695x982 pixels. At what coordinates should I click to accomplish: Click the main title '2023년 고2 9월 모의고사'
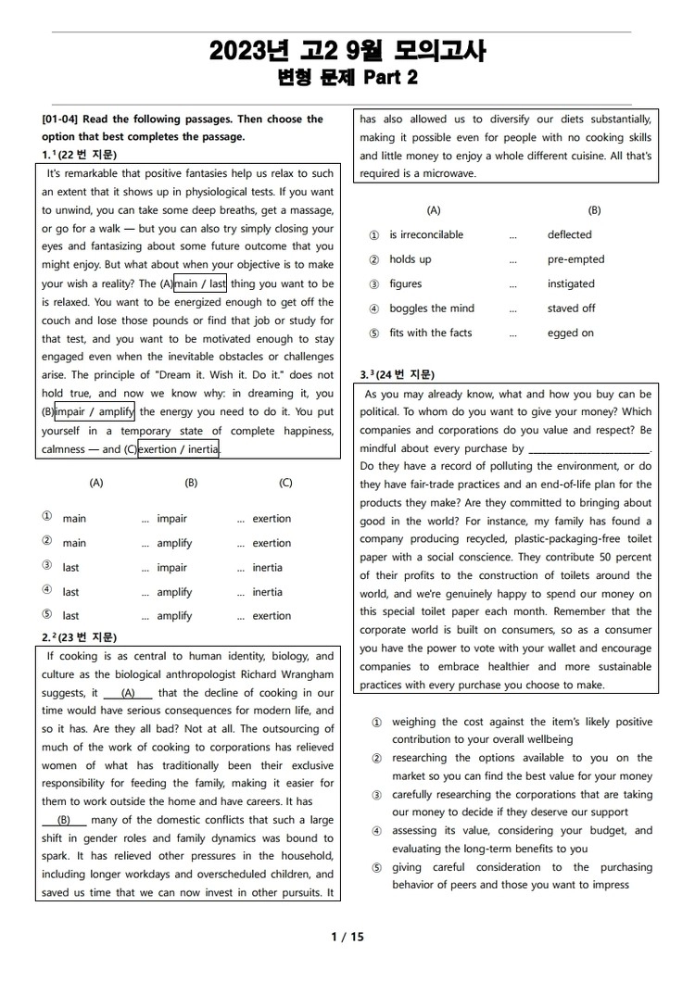(x=347, y=50)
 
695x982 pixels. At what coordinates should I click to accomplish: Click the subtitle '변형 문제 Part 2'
(x=347, y=78)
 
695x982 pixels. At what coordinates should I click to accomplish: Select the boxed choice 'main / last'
(x=200, y=284)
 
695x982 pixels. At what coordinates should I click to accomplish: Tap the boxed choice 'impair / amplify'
(x=95, y=412)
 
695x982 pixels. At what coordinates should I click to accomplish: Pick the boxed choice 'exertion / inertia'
(x=179, y=450)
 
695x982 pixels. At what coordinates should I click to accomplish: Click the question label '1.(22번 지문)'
(x=80, y=155)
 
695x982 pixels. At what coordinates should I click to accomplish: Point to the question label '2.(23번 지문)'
(x=80, y=637)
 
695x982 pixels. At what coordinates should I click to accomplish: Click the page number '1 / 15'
(x=347, y=937)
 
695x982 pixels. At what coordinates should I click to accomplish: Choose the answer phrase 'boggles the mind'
(x=431, y=308)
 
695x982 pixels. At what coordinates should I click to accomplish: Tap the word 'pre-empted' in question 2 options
(x=575, y=259)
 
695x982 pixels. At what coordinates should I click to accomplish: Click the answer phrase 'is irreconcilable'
(x=426, y=235)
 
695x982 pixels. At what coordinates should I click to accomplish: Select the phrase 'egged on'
(x=570, y=333)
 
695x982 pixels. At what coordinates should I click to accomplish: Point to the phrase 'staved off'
(x=571, y=308)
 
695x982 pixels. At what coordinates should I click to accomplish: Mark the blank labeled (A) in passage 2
(x=128, y=693)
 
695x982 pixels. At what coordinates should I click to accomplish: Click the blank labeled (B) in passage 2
(x=64, y=821)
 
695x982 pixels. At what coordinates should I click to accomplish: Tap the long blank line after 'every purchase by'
(x=589, y=449)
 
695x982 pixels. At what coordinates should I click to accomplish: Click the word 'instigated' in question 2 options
(x=571, y=284)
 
